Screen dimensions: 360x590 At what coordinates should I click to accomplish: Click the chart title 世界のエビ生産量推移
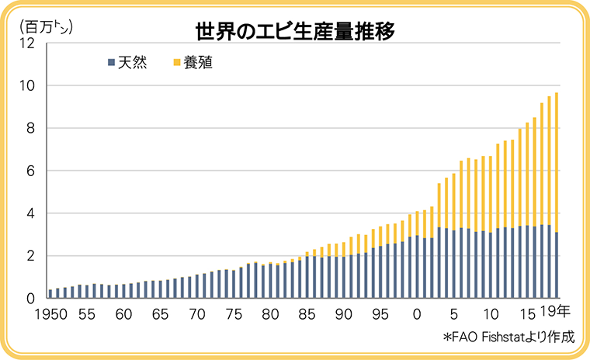coord(295,32)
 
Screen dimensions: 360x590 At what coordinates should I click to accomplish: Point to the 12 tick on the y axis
coord(29,43)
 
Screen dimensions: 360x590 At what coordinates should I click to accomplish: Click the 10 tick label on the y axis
coord(29,86)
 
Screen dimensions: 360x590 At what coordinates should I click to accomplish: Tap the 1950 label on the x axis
coord(50,315)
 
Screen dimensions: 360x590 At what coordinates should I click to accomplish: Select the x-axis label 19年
coord(556,313)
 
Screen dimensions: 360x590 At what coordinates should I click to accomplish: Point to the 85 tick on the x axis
coord(307,315)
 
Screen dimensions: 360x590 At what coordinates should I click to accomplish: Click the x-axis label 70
coord(197,315)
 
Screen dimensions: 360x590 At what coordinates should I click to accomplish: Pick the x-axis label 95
coord(380,315)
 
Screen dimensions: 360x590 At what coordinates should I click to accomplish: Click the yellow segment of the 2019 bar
coord(557,163)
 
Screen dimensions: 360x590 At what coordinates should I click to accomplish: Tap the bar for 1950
coord(50,294)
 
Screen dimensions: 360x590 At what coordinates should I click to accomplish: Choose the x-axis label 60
coord(123,315)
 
